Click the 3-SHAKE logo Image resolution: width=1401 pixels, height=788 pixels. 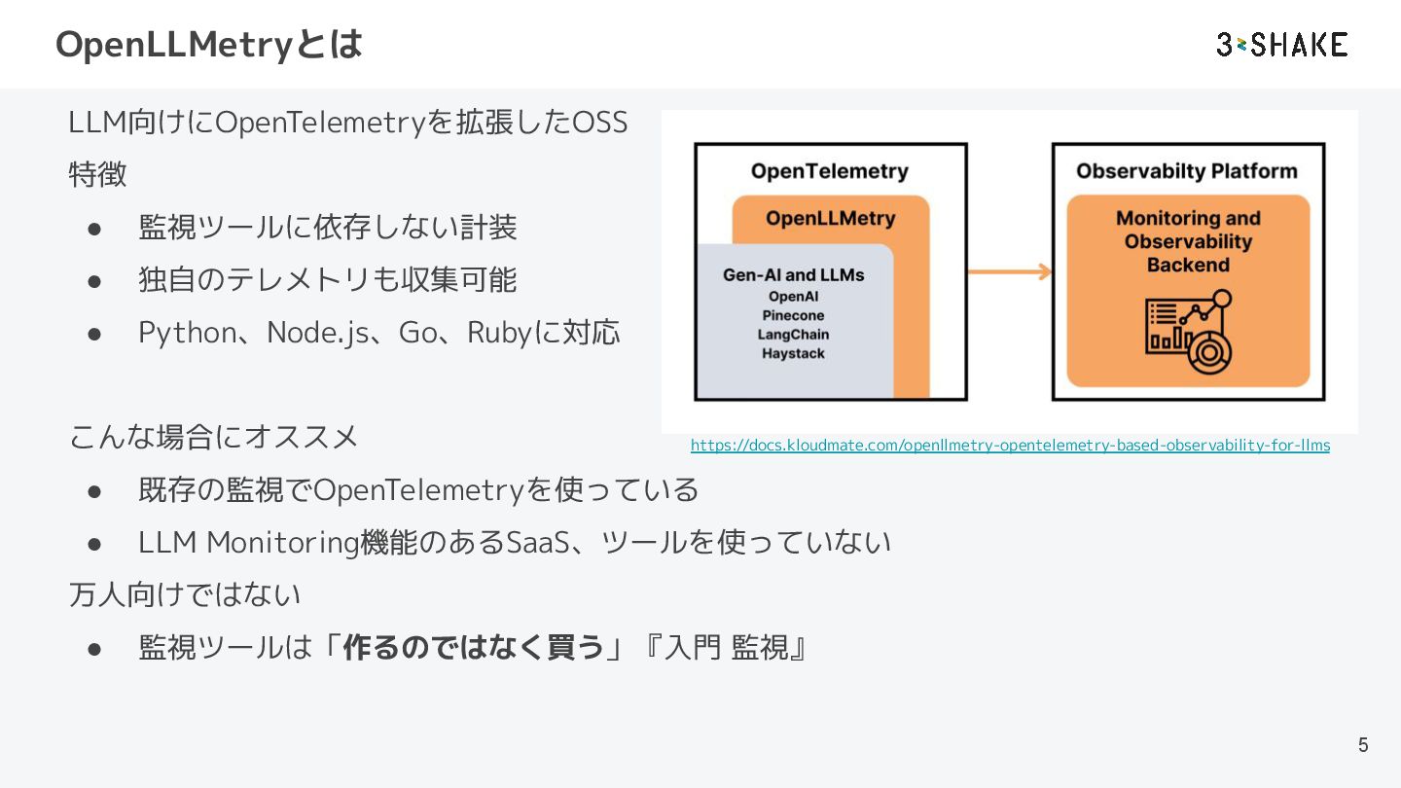point(1281,45)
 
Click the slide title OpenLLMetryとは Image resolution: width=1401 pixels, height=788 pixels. point(209,45)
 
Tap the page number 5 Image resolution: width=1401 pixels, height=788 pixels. point(1363,745)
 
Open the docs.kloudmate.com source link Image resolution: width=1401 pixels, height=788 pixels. point(1010,446)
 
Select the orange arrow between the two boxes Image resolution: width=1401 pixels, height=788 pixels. point(1010,271)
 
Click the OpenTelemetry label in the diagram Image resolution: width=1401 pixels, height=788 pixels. point(830,171)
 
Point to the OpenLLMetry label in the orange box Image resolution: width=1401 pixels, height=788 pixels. point(830,218)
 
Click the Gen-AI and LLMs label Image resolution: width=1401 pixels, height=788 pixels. point(794,275)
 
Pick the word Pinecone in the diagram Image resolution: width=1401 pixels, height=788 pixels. point(794,315)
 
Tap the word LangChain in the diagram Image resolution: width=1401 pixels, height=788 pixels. point(794,335)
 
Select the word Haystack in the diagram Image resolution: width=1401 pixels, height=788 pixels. point(794,354)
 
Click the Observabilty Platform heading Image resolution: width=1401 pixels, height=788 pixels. point(1187,171)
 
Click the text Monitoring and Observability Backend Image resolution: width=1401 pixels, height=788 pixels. point(1188,241)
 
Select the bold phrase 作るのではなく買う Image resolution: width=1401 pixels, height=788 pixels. point(474,647)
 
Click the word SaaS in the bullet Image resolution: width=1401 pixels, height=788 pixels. point(538,542)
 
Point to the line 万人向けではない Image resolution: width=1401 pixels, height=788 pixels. point(185,594)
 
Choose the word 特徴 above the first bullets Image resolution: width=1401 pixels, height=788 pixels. point(97,175)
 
